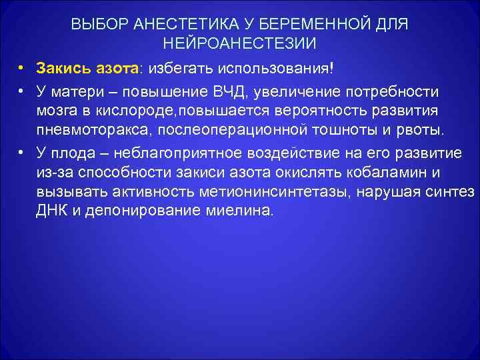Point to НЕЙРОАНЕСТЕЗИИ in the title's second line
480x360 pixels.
[x=240, y=44]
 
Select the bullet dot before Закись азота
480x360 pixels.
[x=22, y=69]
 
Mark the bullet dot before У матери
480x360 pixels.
[x=22, y=90]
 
